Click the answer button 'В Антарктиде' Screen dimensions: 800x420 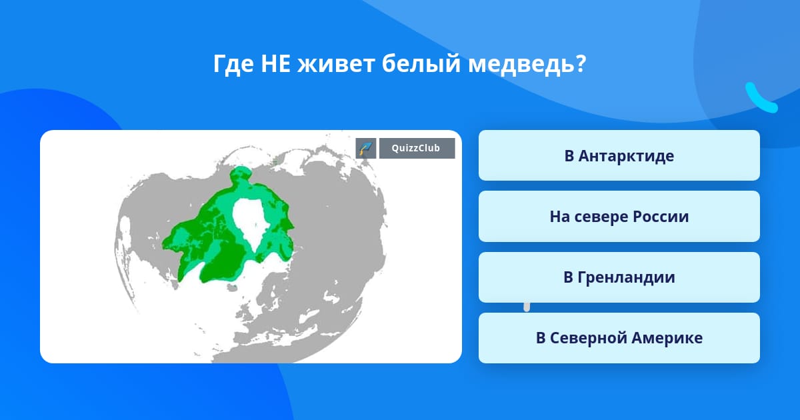pos(619,155)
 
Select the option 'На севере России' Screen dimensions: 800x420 pos(619,217)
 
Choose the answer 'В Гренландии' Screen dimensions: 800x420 pos(619,277)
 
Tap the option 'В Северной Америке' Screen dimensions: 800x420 pos(619,338)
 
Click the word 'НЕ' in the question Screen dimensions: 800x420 pos(275,64)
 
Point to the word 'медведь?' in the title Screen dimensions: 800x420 pos(527,64)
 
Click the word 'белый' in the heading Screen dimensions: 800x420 pos(421,65)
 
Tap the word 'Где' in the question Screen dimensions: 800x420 pos(233,65)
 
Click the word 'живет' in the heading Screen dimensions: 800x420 pos(336,64)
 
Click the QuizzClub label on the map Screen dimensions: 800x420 pos(417,148)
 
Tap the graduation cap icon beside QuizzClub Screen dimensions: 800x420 pos(366,148)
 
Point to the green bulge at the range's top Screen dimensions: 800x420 pos(241,175)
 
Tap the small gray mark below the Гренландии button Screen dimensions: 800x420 pos(527,307)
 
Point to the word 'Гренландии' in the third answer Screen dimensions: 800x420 pos(626,277)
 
